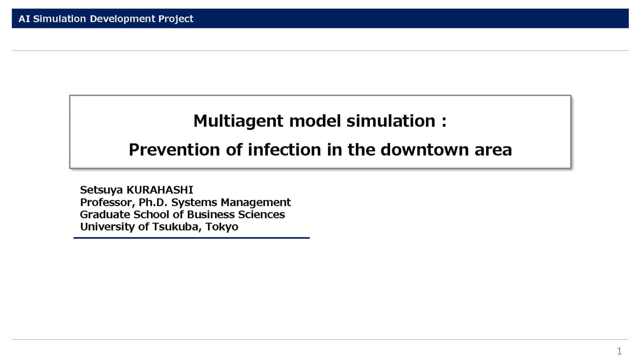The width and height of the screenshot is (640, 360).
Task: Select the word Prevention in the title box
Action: click(x=174, y=150)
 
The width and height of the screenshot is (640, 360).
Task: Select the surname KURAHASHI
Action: click(x=160, y=190)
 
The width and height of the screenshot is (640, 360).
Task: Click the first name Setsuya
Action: click(x=101, y=190)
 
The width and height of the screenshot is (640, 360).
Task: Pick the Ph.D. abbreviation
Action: click(x=152, y=202)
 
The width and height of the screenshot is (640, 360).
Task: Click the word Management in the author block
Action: click(x=255, y=202)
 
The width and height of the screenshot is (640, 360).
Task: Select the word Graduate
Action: click(x=105, y=215)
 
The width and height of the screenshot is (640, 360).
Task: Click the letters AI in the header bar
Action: click(x=24, y=19)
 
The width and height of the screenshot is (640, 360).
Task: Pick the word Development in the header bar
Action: click(x=122, y=19)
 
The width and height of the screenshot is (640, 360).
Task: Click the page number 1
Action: click(x=619, y=351)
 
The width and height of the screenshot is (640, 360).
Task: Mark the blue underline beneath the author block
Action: click(x=191, y=237)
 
